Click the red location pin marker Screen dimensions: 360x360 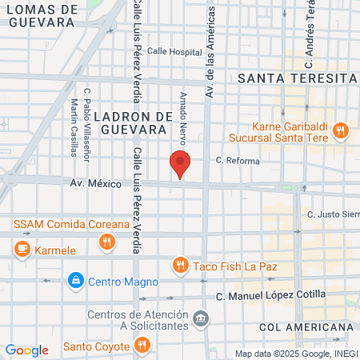180,164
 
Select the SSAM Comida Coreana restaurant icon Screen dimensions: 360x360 109,239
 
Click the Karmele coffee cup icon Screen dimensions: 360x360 22,250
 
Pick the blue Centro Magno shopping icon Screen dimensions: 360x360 75,281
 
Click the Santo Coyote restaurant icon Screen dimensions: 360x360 142,346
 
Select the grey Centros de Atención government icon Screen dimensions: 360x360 201,319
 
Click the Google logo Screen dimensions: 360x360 26,350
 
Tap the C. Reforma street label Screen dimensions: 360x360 237,161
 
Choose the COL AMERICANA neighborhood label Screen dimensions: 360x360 306,328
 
